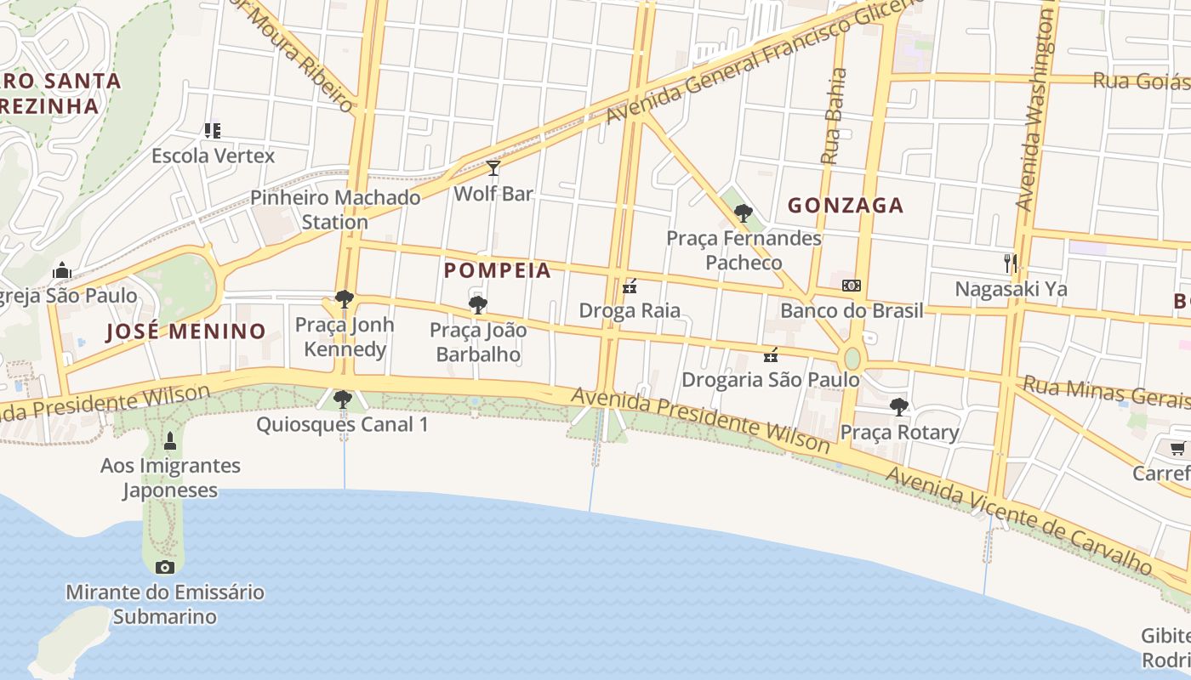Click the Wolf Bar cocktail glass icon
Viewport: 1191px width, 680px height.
[x=493, y=167]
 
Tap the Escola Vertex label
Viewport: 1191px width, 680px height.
[x=214, y=156]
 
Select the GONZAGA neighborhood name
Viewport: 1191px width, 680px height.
[x=846, y=206]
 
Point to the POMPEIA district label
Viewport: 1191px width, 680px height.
[x=498, y=271]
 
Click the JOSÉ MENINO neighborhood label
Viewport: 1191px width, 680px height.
[x=185, y=331]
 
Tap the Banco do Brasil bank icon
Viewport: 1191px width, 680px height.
[x=851, y=286]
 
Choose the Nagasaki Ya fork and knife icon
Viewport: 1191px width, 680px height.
[x=1010, y=263]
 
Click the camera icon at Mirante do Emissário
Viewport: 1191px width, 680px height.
[x=165, y=567]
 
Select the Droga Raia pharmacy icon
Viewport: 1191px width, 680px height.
[x=630, y=286]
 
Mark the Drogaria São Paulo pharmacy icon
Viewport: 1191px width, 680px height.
[x=772, y=354]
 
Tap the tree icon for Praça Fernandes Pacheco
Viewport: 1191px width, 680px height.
[x=744, y=213]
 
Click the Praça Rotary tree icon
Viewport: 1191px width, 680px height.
[x=899, y=407]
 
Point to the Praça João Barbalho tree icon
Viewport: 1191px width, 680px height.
[x=478, y=304]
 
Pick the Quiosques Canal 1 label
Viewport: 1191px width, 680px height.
[x=342, y=424]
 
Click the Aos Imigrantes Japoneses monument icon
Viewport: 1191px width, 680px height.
[x=170, y=440]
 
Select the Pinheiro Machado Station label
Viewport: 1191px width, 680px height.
[x=335, y=210]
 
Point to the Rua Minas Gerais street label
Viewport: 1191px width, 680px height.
[x=1106, y=394]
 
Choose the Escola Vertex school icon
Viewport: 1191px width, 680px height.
[x=213, y=131]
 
